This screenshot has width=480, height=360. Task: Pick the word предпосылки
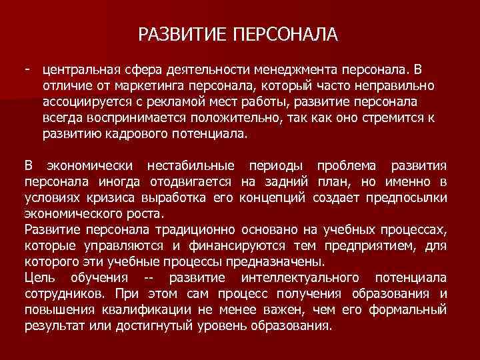415,197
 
